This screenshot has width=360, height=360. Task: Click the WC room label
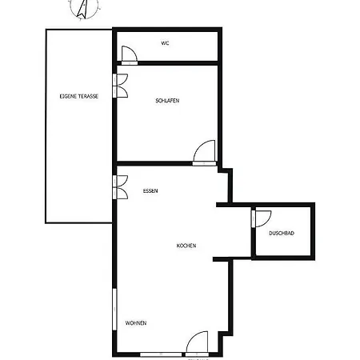165,43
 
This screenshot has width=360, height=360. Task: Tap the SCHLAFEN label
167,101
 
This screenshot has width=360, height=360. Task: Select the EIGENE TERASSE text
79,96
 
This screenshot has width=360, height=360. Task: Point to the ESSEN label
150,191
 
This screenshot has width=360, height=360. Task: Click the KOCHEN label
186,246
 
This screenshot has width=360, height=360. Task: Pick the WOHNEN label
136,323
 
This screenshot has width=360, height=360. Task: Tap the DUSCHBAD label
282,233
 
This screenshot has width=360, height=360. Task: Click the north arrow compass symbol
84,9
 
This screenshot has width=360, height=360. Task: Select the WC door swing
130,55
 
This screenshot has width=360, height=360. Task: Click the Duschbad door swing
262,219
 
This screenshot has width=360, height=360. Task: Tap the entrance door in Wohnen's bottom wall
197,344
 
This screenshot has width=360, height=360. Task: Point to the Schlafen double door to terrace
120,86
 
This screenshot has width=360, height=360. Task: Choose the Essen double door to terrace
120,187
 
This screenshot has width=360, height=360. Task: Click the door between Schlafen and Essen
204,153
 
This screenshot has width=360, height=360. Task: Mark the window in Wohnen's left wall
114,310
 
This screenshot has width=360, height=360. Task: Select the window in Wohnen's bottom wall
161,354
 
